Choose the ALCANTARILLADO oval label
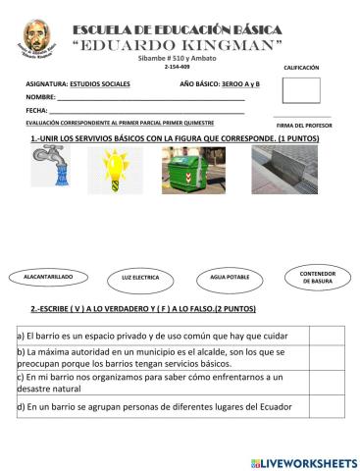tap(47, 278)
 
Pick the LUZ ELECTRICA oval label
tap(140, 279)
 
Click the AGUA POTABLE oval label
tap(230, 279)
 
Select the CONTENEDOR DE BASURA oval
tap(317, 277)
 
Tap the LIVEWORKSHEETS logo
tap(304, 461)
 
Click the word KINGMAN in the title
tap(230, 48)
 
